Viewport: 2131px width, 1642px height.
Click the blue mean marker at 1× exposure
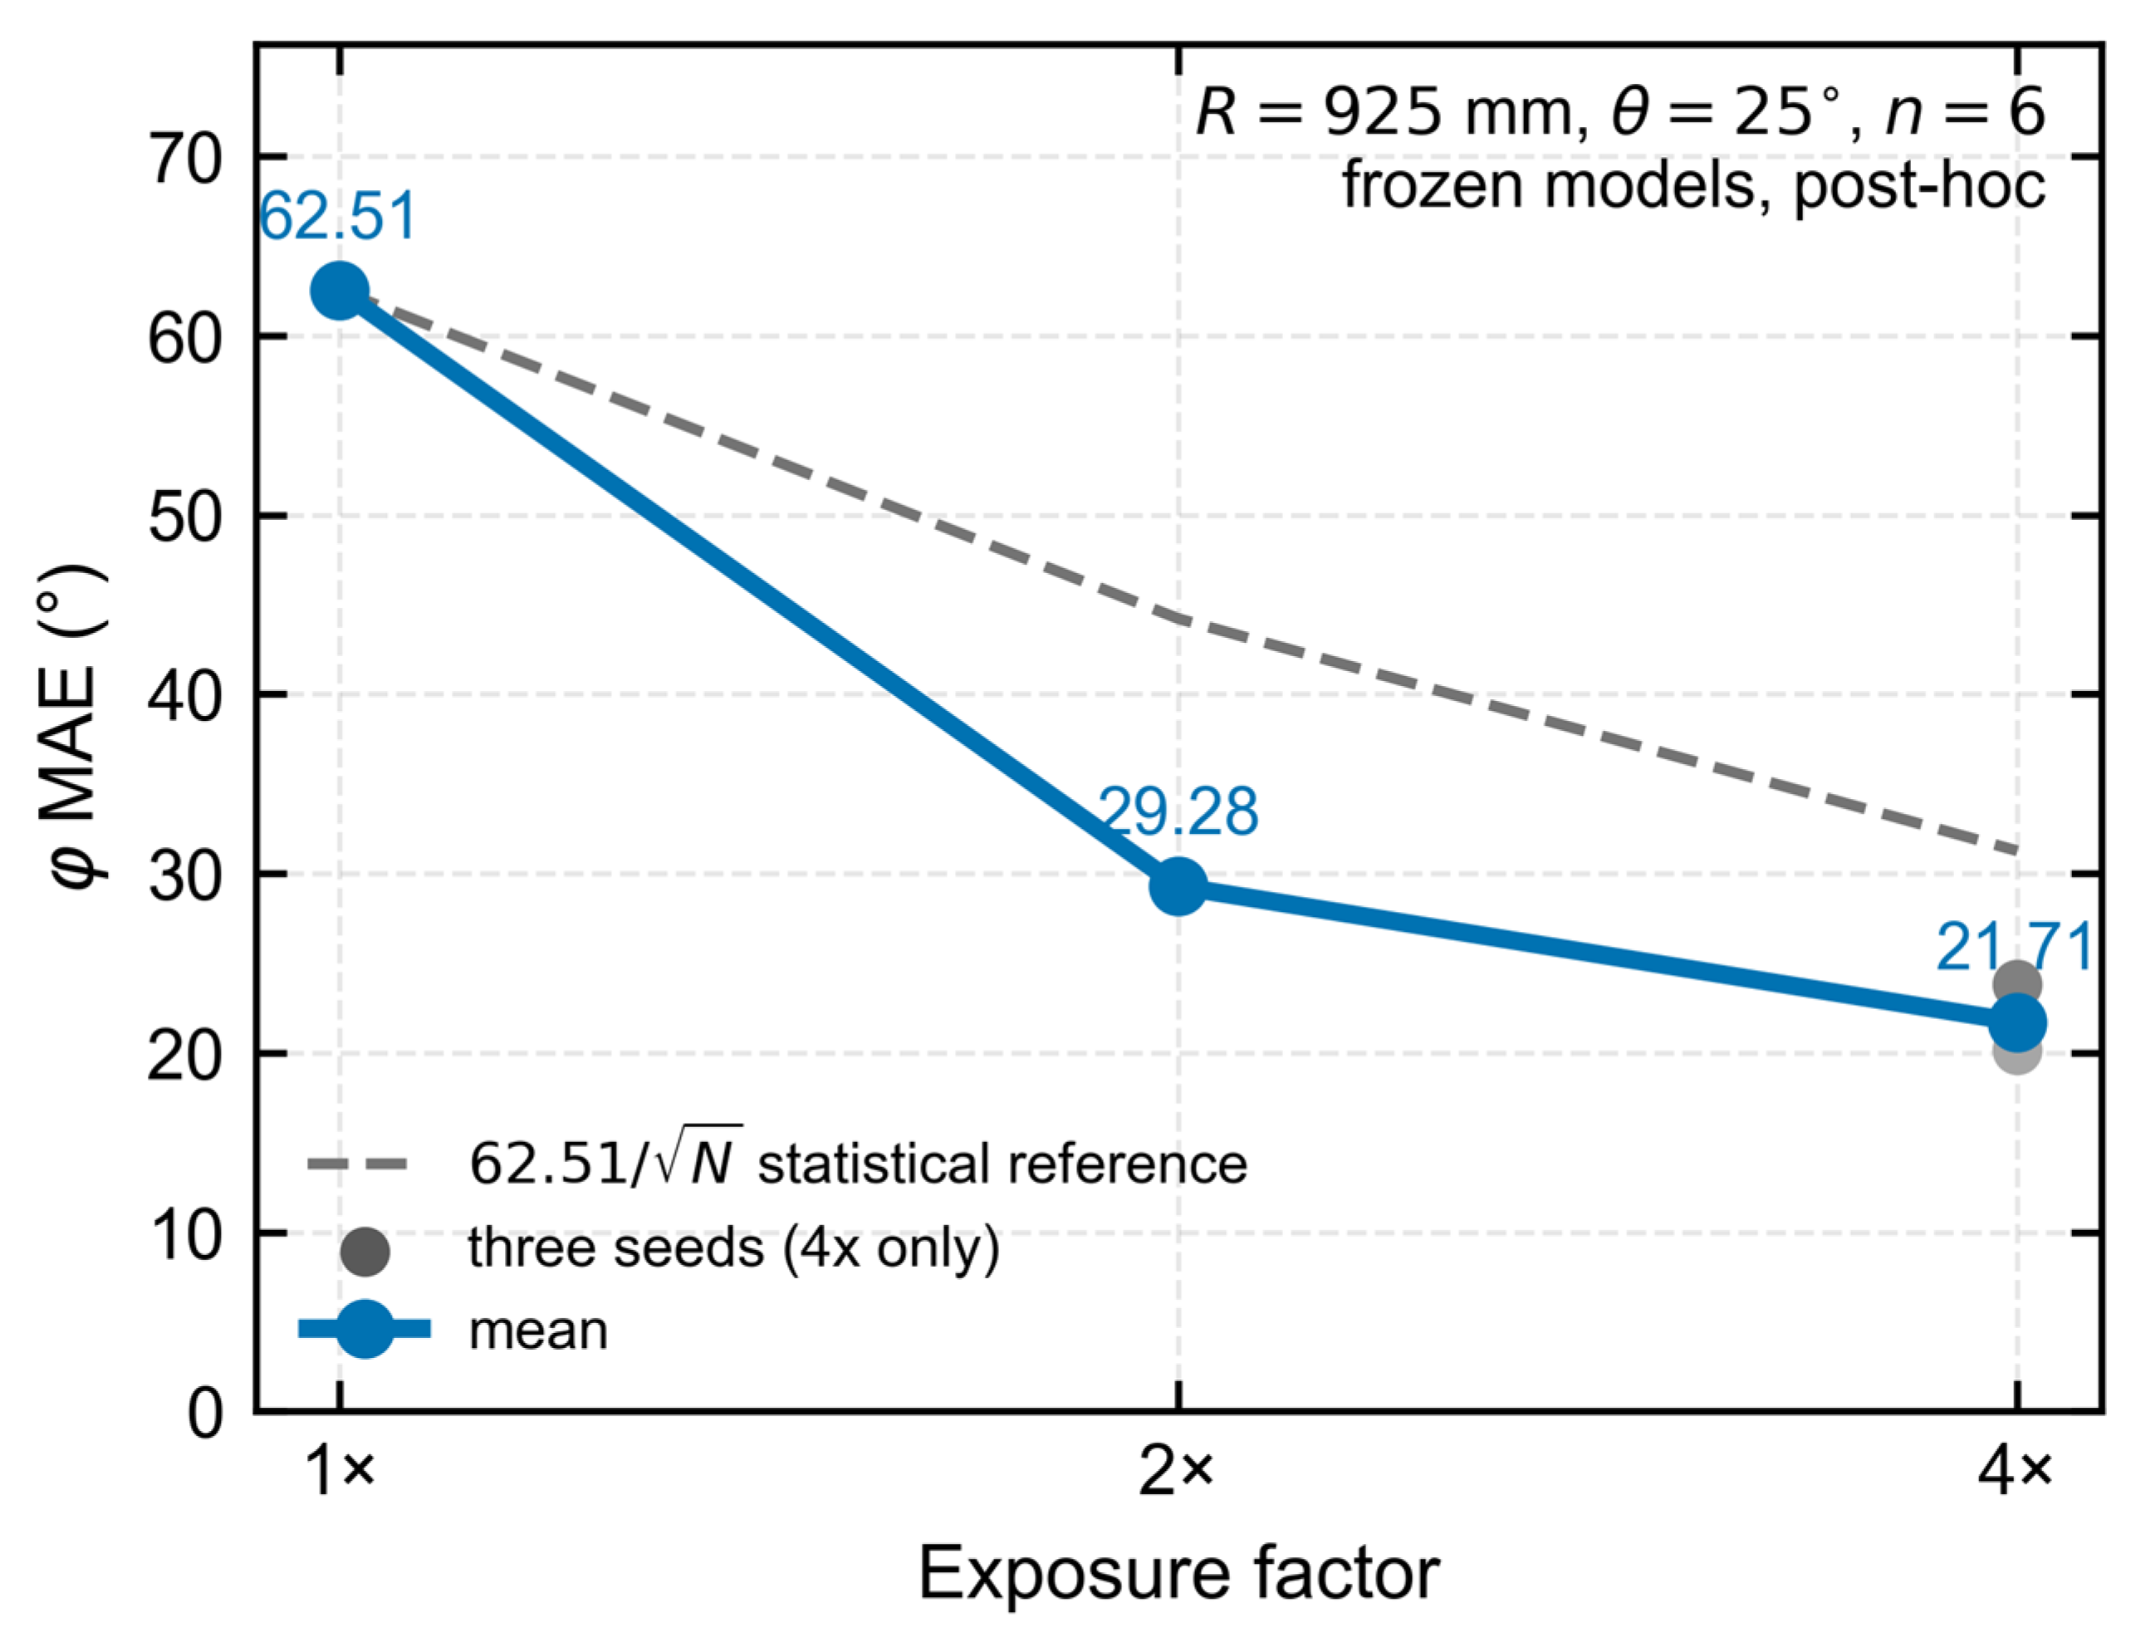(x=339, y=291)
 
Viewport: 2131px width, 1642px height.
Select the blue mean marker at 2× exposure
(x=1178, y=887)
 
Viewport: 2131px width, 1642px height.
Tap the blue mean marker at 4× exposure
(x=2017, y=1022)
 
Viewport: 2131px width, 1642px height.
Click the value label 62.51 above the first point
(x=338, y=216)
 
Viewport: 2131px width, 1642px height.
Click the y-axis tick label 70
(x=185, y=158)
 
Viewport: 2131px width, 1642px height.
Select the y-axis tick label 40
(x=185, y=697)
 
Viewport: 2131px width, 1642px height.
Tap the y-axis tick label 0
(x=205, y=1414)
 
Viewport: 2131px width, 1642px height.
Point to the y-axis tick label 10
(x=185, y=1235)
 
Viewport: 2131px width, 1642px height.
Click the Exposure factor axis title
(x=1178, y=1573)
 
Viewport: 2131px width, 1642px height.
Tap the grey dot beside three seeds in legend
(x=365, y=1250)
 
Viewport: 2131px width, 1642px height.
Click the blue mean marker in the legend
(x=365, y=1328)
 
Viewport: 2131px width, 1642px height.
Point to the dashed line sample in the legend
(x=357, y=1163)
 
